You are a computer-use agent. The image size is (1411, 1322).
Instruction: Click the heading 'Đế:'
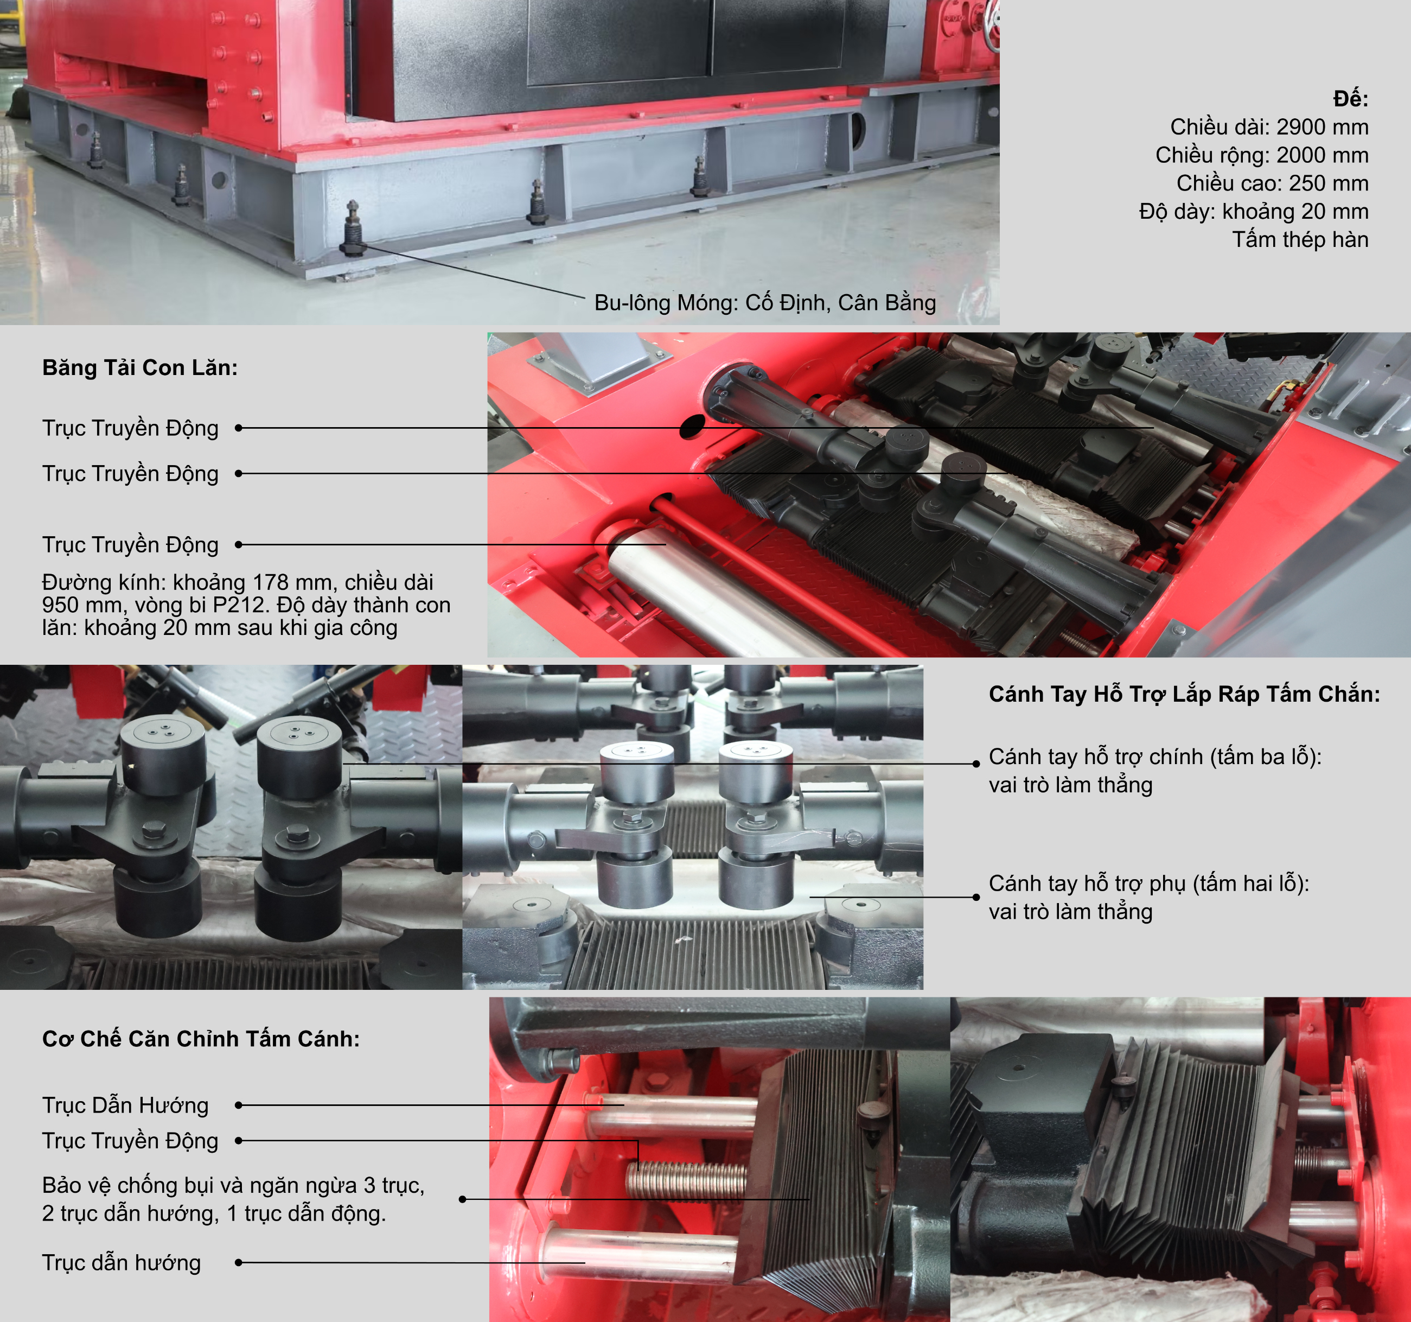(1350, 99)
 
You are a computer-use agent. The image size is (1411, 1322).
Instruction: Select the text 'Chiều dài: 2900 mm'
(1269, 127)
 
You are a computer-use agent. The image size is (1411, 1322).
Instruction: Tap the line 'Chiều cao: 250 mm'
(1273, 183)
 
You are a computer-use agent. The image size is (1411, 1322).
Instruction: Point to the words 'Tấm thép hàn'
(1300, 239)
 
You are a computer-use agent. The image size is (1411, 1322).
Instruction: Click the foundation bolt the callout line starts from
(353, 227)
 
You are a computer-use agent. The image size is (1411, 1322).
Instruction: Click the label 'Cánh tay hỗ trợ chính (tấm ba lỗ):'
(1155, 757)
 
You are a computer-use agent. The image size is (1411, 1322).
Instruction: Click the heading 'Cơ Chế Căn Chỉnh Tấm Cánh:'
(201, 1039)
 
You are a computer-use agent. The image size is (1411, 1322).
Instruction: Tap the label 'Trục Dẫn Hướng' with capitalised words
(125, 1105)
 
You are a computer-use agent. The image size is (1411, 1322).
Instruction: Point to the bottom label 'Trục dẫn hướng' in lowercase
(122, 1262)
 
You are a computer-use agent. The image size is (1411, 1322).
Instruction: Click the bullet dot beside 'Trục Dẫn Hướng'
(239, 1105)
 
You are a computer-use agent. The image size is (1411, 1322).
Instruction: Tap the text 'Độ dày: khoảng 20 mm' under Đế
(1254, 212)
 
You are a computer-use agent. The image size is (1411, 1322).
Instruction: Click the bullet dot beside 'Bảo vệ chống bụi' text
(463, 1199)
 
